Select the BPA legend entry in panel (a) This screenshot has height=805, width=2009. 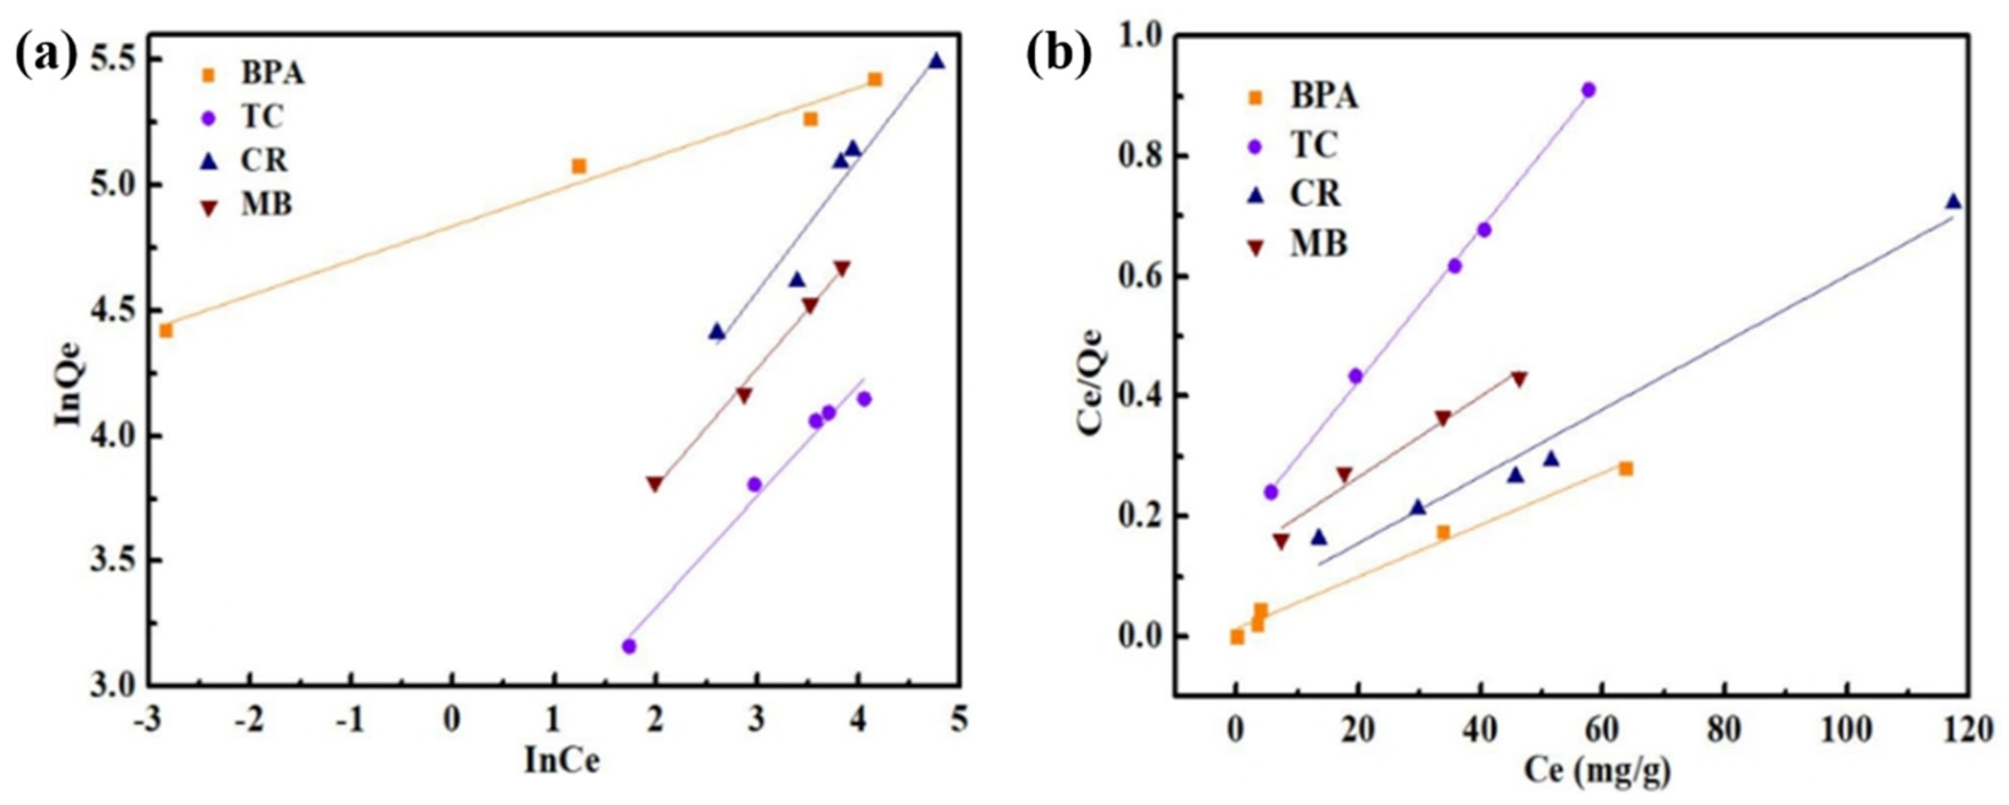[272, 74]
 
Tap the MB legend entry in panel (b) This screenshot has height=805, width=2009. [1318, 244]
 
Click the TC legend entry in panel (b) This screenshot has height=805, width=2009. [1314, 144]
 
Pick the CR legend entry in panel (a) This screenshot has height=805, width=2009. [264, 160]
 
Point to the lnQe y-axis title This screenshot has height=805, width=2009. [68, 390]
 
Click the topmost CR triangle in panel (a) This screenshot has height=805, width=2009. [936, 61]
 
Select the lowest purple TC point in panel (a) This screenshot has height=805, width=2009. [629, 646]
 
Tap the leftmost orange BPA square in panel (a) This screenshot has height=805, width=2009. [165, 331]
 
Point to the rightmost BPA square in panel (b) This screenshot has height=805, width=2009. [1626, 468]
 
